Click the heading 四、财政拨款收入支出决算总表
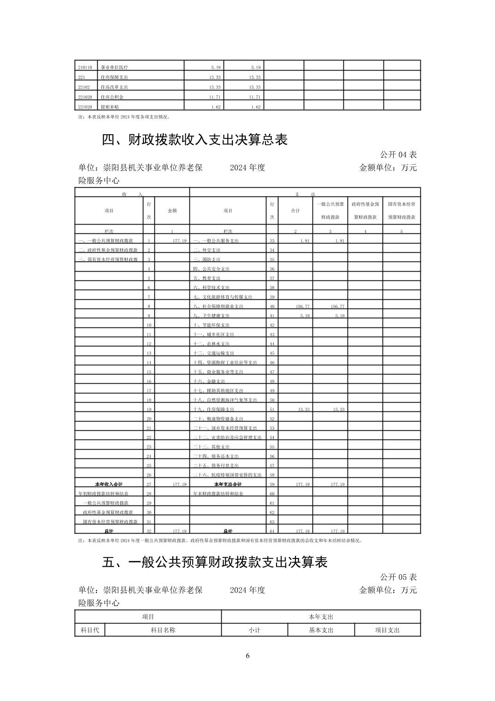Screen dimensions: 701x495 click(x=194, y=140)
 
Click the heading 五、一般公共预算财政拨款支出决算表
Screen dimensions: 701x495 click(x=214, y=562)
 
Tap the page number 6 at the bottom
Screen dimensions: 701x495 click(x=247, y=656)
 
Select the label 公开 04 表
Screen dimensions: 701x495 click(x=398, y=154)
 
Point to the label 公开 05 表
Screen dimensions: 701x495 click(x=398, y=577)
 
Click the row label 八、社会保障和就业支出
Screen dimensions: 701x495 click(x=218, y=306)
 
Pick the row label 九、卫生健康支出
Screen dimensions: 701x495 click(x=212, y=316)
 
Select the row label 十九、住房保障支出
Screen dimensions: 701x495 click(x=214, y=410)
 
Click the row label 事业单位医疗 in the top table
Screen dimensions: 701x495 click(x=114, y=67)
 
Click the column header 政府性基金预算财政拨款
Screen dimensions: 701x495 click(x=365, y=210)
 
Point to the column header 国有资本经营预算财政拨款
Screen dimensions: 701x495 click(x=401, y=210)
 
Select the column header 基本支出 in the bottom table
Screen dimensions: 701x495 click(x=321, y=630)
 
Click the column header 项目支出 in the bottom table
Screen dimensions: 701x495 click(x=387, y=630)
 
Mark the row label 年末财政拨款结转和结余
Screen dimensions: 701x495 click(x=218, y=493)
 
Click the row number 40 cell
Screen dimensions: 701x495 click(x=272, y=306)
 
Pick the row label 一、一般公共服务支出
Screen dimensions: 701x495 click(x=216, y=241)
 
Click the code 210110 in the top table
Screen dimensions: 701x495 click(x=85, y=67)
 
